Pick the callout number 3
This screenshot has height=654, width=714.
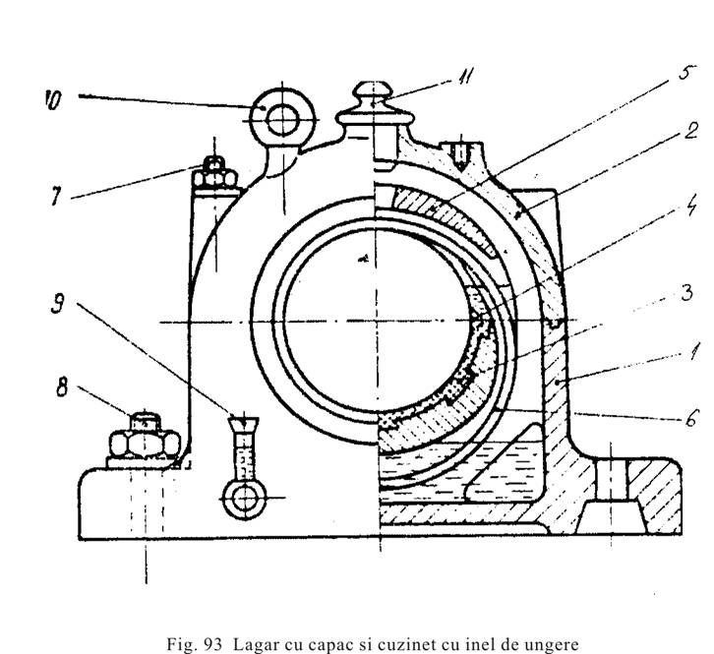click(x=665, y=292)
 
